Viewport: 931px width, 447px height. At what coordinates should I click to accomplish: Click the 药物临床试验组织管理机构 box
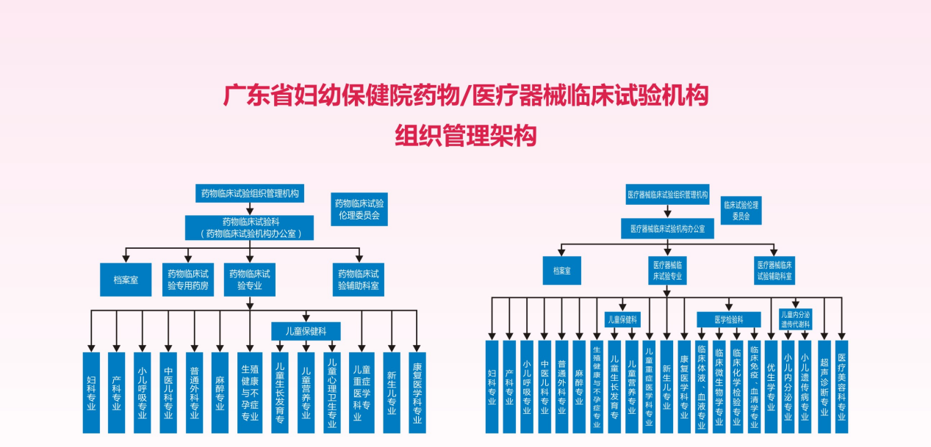pyautogui.click(x=250, y=194)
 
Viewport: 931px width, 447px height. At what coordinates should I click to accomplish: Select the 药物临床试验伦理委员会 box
pyautogui.click(x=359, y=209)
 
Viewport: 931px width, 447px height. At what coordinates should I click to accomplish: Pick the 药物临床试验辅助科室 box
pyautogui.click(x=359, y=280)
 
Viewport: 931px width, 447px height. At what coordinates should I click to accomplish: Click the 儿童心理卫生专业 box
pyautogui.click(x=332, y=393)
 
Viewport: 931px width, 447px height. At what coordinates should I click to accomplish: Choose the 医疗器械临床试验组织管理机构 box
pyautogui.click(x=667, y=195)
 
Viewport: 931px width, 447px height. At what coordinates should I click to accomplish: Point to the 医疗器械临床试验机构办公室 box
pyautogui.click(x=667, y=228)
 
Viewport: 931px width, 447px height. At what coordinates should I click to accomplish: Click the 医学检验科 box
pyautogui.click(x=728, y=319)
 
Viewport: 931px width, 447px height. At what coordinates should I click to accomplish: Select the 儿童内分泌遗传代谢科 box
pyautogui.click(x=795, y=319)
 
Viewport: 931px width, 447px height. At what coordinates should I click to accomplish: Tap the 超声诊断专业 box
pyautogui.click(x=824, y=385)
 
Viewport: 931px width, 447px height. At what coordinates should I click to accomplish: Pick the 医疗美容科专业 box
pyautogui.click(x=841, y=385)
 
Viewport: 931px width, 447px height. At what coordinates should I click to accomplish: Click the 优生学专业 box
pyautogui.click(x=771, y=385)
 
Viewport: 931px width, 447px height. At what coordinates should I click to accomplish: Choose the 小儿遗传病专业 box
pyautogui.click(x=805, y=385)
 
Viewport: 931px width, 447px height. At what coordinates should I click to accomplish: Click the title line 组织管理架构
pyautogui.click(x=466, y=136)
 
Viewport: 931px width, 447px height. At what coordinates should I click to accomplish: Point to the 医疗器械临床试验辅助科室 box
pyautogui.click(x=775, y=271)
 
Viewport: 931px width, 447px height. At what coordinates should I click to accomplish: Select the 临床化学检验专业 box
pyautogui.click(x=736, y=385)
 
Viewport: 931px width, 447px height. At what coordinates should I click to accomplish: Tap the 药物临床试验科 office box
pyautogui.click(x=250, y=228)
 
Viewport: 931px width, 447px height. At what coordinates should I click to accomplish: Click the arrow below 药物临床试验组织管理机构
pyautogui.click(x=250, y=209)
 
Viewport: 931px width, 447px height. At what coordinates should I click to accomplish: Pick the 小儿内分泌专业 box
pyautogui.click(x=788, y=385)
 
